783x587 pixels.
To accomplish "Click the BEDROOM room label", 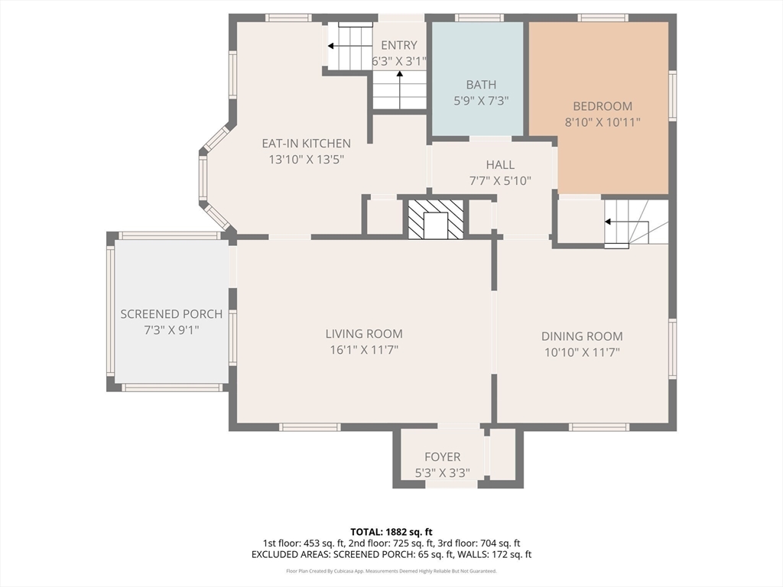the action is tap(603, 106).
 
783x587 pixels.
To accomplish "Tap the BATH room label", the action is tap(481, 85).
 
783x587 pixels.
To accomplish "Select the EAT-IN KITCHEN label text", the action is tap(306, 144).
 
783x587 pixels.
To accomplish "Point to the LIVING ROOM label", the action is tap(364, 334).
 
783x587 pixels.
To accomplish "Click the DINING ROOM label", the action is tap(582, 336).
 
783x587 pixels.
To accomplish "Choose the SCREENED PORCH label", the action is tap(171, 314).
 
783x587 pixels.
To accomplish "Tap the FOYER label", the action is tap(443, 457).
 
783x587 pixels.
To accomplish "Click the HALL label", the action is tap(500, 165).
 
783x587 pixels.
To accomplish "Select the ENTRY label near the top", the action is tap(399, 45).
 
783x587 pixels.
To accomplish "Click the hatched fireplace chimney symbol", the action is tap(436, 219).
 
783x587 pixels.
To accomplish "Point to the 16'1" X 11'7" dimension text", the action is tap(364, 350).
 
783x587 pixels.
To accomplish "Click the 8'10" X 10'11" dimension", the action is tap(603, 122).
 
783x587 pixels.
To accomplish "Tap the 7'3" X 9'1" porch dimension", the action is tap(171, 330).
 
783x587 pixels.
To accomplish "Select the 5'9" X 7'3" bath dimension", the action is tap(481, 101).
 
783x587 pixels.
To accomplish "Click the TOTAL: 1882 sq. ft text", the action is tap(391, 532).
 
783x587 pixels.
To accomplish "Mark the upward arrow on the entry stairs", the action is tap(400, 90).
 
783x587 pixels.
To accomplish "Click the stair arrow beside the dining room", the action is tap(627, 222).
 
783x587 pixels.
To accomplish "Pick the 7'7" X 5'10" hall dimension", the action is tap(500, 180).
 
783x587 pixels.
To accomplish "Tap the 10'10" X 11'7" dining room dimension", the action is tap(582, 352).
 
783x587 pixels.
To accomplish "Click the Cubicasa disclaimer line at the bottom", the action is tap(391, 571).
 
